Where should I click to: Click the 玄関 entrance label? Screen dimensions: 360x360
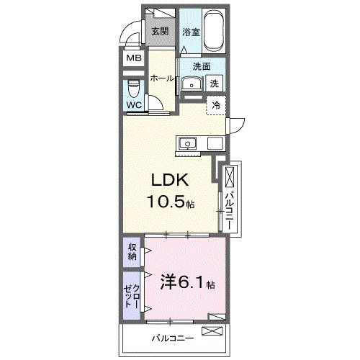click(160, 31)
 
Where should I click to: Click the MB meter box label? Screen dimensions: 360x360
click(134, 58)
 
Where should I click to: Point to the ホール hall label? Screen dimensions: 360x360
click(162, 79)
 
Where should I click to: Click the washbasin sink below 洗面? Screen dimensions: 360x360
click(191, 84)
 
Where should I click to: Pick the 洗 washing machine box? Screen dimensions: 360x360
click(214, 84)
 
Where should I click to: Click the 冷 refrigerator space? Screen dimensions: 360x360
click(215, 106)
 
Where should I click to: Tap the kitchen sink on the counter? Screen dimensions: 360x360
click(188, 143)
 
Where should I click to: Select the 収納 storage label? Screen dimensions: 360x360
click(132, 252)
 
